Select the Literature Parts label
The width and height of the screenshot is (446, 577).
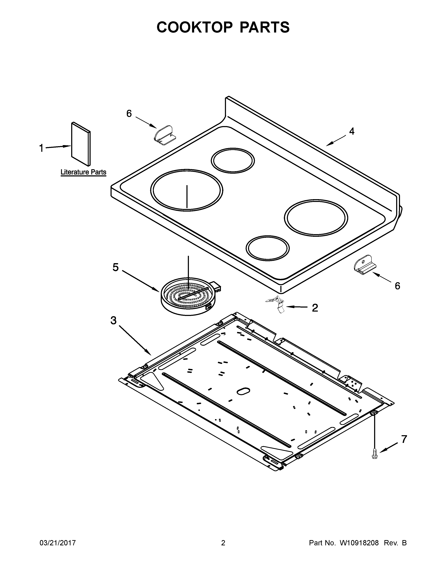coord(83,172)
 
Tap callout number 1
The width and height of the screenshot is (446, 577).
coord(41,148)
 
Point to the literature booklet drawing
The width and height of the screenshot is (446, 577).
coord(81,144)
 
